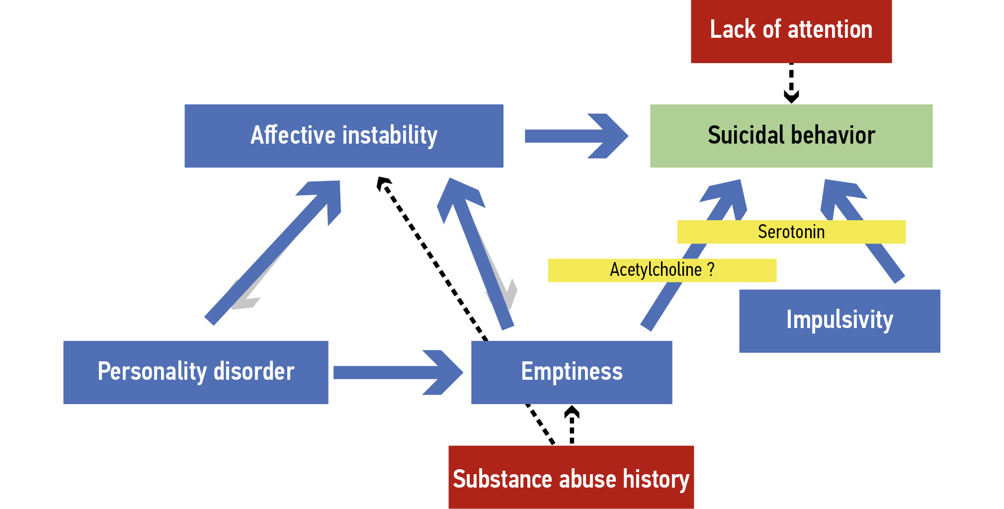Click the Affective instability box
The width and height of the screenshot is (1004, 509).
[343, 136]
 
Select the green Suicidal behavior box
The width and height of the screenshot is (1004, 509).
[791, 136]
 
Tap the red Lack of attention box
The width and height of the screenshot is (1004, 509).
[791, 31]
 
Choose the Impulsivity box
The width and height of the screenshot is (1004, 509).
[839, 321]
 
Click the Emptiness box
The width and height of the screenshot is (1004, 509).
[571, 372]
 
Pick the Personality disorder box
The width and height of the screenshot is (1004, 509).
[195, 372]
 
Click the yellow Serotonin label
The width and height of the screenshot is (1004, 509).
[791, 232]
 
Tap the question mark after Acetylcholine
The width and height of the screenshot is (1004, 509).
[711, 269]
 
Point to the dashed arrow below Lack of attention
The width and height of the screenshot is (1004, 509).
[791, 83]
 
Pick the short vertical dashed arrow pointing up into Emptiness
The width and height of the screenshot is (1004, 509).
[572, 425]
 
